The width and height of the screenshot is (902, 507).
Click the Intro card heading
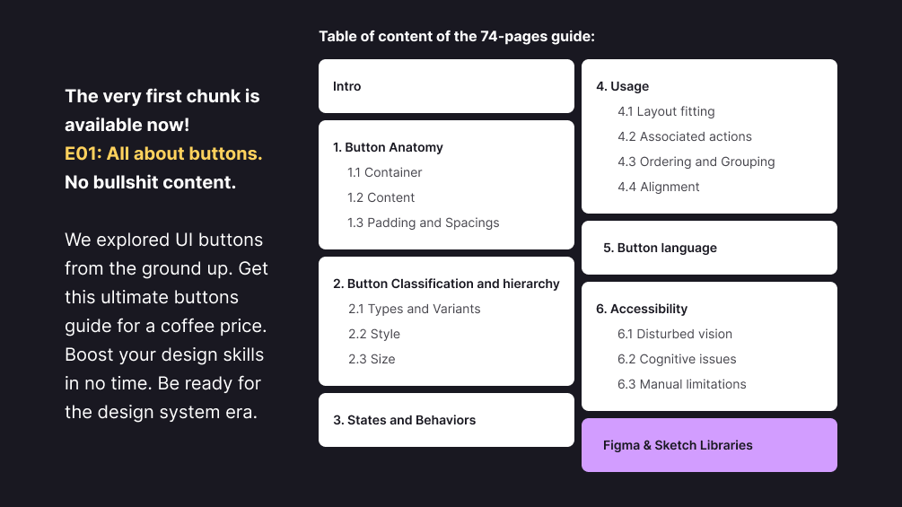pos(346,86)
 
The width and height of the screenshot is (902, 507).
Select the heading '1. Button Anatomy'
pos(388,147)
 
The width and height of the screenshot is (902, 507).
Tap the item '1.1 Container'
pos(384,172)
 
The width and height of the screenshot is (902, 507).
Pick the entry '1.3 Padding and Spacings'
pos(423,223)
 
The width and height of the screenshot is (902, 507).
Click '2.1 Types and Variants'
pos(414,309)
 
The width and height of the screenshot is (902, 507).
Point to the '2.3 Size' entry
pos(372,359)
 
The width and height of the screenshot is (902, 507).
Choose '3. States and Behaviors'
pos(405,420)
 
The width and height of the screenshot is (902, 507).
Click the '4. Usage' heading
pos(623,86)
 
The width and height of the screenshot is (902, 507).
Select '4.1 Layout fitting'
pos(666,111)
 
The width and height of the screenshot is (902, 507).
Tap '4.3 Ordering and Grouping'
pos(696,162)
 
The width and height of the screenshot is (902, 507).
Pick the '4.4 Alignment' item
pos(659,187)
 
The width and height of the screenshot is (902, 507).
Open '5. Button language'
pos(660,248)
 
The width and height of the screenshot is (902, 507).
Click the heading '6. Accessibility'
pos(642,309)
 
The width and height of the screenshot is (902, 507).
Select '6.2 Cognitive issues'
pos(677,359)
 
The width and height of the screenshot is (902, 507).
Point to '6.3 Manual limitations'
pos(682,384)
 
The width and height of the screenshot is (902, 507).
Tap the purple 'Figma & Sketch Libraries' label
pos(678,445)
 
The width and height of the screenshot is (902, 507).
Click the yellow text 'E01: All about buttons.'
pos(163,153)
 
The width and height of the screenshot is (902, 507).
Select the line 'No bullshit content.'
pos(150,182)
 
